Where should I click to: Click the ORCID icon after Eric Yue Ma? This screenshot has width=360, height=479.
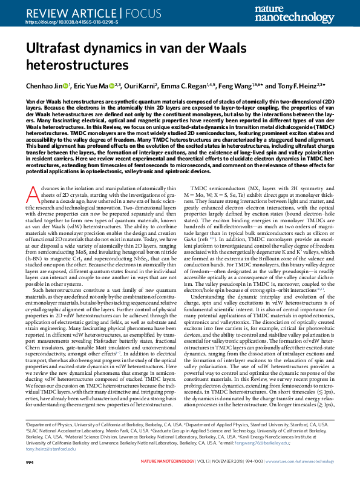pyautogui.click(x=113, y=86)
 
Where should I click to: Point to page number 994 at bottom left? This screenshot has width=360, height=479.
pyautogui.click(x=30, y=462)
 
